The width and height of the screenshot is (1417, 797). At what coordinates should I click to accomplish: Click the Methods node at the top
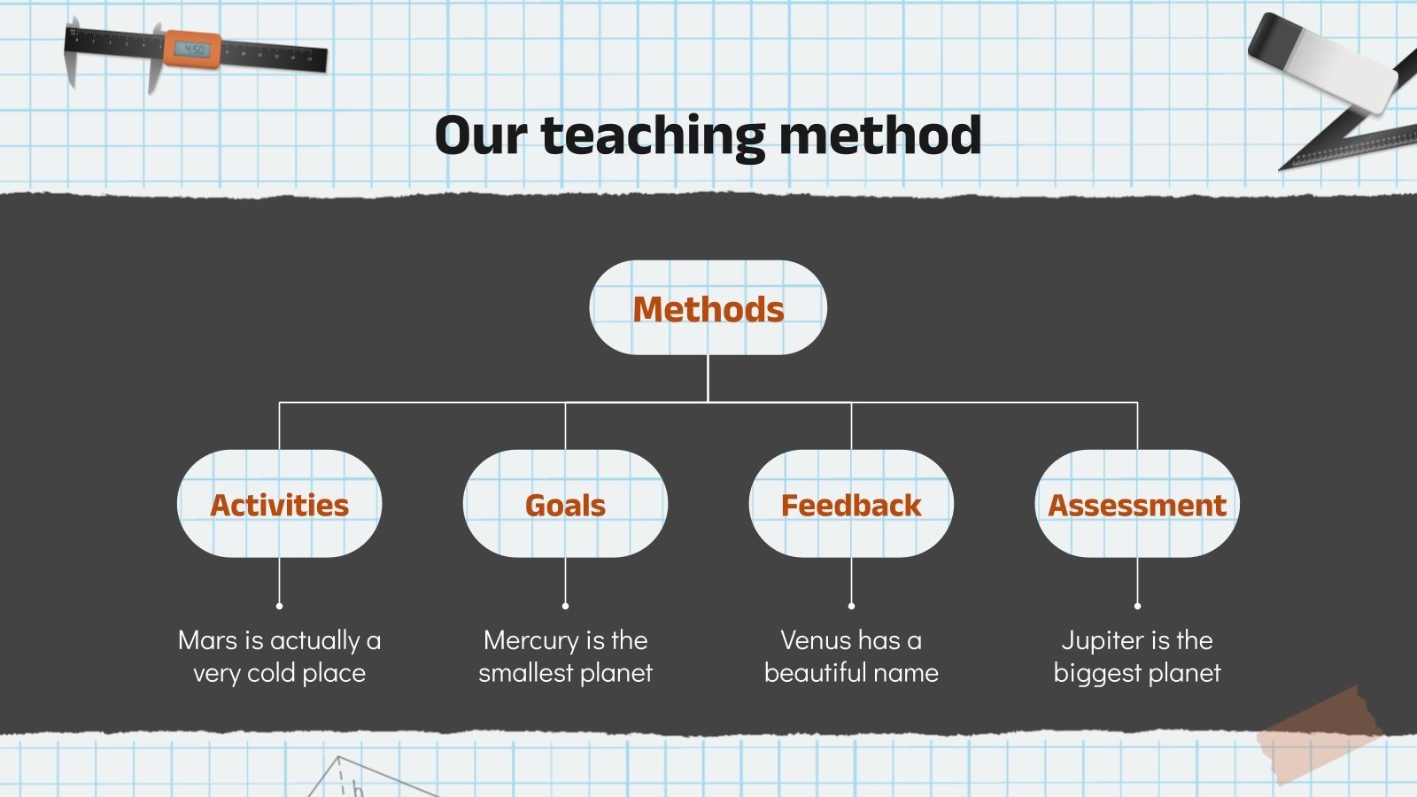[x=708, y=308]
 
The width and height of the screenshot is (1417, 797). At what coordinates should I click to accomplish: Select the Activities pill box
[x=279, y=504]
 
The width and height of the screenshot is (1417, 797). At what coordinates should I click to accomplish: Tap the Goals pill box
[x=565, y=504]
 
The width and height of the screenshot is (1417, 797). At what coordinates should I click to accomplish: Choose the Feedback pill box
[x=851, y=504]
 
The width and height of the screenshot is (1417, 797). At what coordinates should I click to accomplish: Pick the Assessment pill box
[x=1137, y=504]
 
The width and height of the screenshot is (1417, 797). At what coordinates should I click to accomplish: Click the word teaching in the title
[x=654, y=137]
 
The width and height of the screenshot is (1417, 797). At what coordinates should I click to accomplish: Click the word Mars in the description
[x=208, y=640]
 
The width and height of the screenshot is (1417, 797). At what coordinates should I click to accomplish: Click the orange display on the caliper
[x=191, y=50]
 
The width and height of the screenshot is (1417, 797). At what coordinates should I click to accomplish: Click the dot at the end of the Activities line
[x=279, y=606]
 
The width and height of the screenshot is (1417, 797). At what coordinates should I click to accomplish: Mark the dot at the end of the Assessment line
[x=1137, y=606]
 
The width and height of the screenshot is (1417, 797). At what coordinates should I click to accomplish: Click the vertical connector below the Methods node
[x=708, y=378]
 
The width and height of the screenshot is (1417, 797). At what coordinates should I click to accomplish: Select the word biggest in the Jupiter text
[x=1096, y=674]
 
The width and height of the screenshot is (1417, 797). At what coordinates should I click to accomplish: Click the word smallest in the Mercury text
[x=526, y=673]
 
